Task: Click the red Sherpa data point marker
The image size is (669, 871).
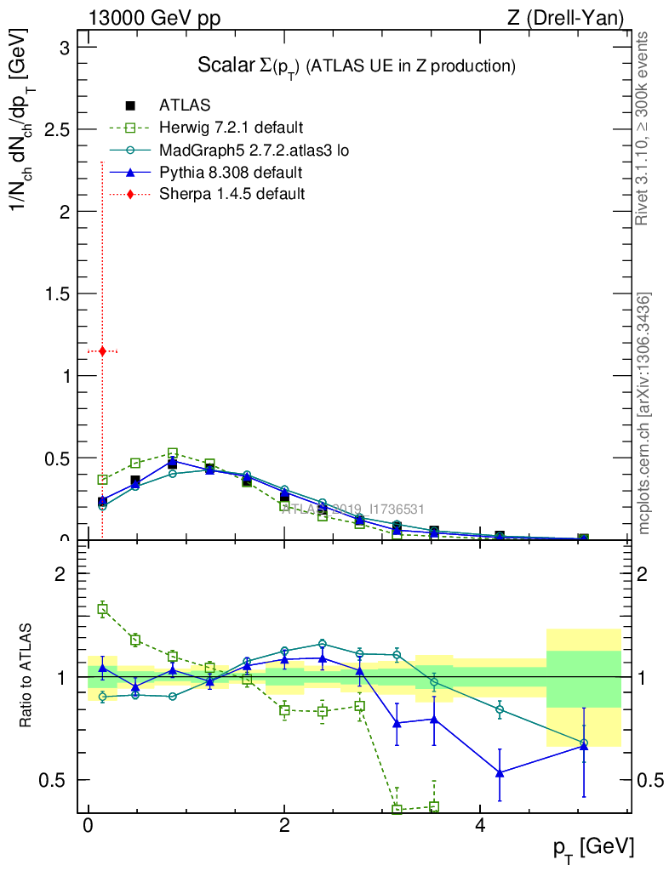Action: click(x=102, y=350)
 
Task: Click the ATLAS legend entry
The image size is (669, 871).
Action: click(x=185, y=106)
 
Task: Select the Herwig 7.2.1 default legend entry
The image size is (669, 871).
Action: click(x=231, y=128)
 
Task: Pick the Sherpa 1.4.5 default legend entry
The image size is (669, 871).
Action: click(x=232, y=194)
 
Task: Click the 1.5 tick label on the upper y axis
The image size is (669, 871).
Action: click(x=55, y=293)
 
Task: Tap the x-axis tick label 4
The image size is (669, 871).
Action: click(x=480, y=827)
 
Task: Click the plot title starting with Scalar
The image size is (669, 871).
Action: click(x=357, y=65)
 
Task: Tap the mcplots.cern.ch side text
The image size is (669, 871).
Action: click(x=644, y=413)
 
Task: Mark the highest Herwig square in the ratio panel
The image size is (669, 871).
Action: click(x=102, y=609)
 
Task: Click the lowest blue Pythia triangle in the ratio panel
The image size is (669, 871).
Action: click(x=500, y=773)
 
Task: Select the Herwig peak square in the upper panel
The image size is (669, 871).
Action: click(x=173, y=453)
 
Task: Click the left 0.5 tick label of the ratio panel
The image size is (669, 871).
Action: click(x=55, y=780)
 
